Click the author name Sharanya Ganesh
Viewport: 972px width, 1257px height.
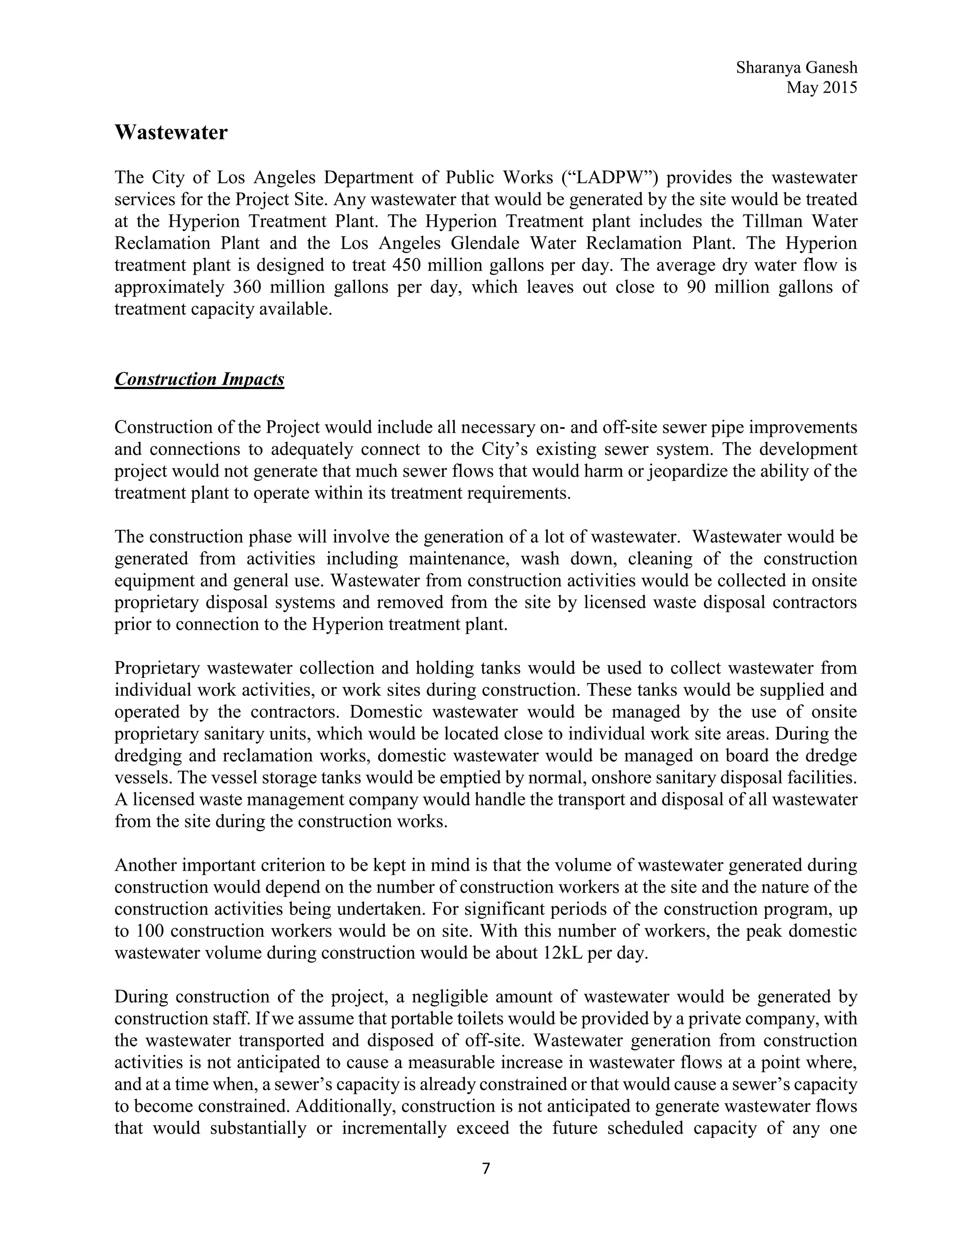[796, 68]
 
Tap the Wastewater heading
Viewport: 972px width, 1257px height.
[171, 132]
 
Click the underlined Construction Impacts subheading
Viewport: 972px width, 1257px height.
[199, 379]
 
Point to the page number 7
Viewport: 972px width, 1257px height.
[486, 1168]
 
